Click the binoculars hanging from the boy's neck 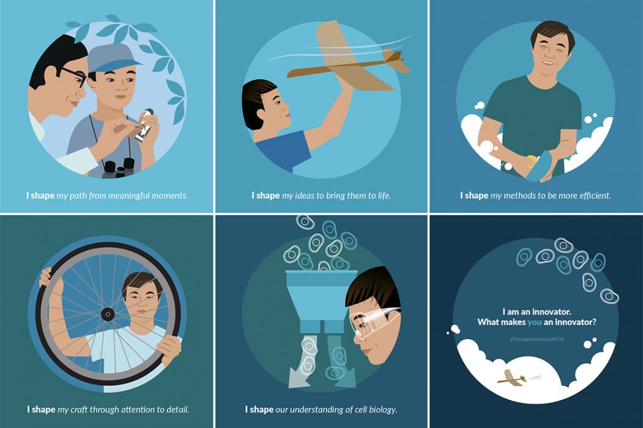coord(118,168)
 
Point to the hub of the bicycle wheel coord(108,315)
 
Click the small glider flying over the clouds coord(512,377)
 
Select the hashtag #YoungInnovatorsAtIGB coord(537,339)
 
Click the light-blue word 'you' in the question coord(535,322)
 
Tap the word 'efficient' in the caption coord(595,196)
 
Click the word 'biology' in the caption coord(382,410)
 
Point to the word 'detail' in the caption coord(177,409)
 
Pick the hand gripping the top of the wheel coord(45,278)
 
